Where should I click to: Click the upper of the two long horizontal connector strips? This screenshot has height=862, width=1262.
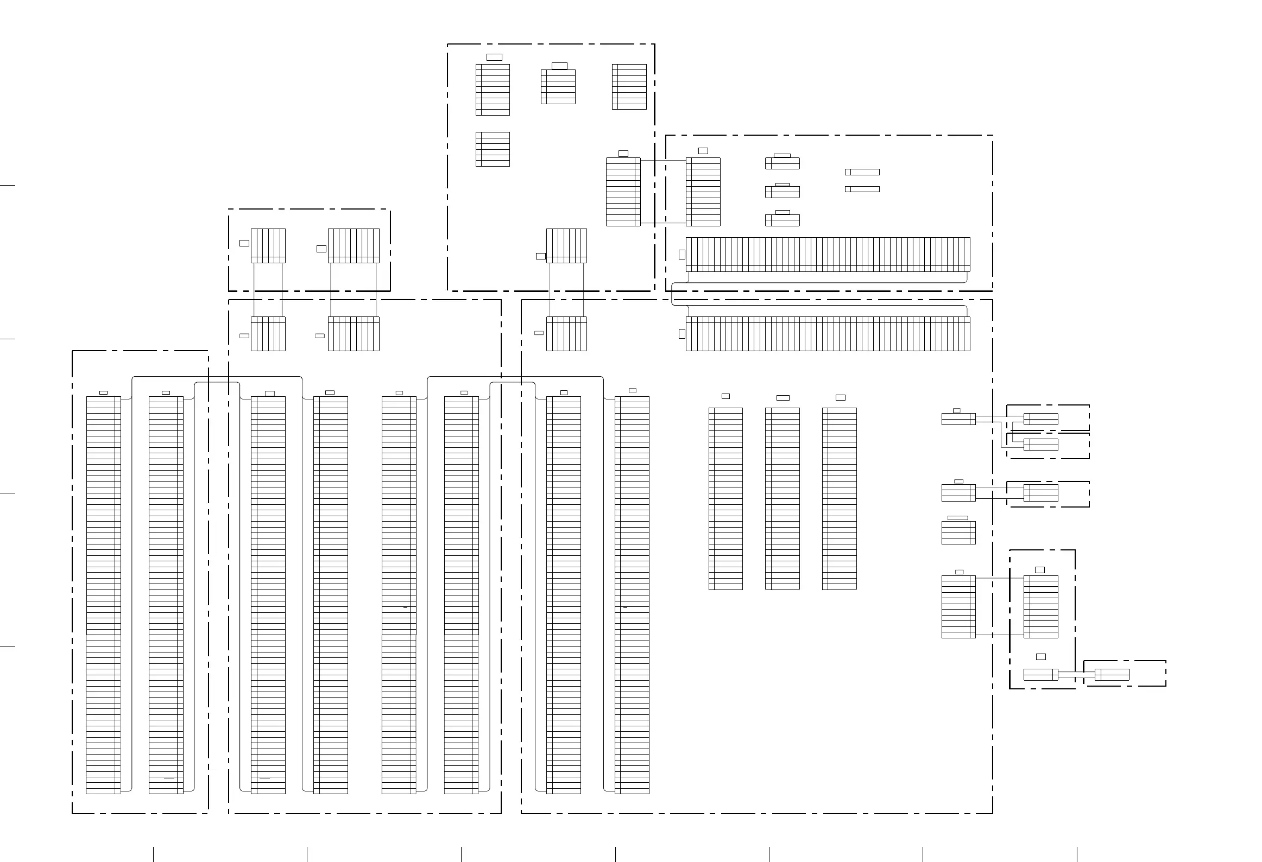828,254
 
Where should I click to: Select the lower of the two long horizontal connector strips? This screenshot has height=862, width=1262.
828,334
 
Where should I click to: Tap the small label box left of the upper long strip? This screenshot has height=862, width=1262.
682,254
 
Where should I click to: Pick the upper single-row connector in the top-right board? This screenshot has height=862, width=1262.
862,172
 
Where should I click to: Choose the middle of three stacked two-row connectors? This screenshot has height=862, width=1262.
783,192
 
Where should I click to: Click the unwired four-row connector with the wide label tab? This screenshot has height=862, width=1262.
958,533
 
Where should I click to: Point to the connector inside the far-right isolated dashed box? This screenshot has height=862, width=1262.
1112,675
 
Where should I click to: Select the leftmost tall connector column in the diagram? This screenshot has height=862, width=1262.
103,594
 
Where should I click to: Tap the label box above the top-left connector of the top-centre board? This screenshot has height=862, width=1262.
494,57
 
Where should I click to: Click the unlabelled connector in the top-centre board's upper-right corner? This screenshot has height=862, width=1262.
629,87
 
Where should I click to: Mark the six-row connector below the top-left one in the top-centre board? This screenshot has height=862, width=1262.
493,149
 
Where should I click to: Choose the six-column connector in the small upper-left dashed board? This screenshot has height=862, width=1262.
268,246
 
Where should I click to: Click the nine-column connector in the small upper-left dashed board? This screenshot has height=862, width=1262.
354,246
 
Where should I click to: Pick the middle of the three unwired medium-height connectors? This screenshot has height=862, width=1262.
783,498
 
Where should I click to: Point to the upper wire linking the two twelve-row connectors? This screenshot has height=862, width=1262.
663,161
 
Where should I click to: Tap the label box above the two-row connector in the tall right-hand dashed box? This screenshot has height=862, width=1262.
1041,657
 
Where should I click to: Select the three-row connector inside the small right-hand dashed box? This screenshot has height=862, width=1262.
1041,493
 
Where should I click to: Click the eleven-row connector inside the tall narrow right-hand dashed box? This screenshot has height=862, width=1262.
1041,606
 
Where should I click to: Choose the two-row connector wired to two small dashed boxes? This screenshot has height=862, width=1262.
958,419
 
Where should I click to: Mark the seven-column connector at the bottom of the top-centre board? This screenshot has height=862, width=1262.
566,246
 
